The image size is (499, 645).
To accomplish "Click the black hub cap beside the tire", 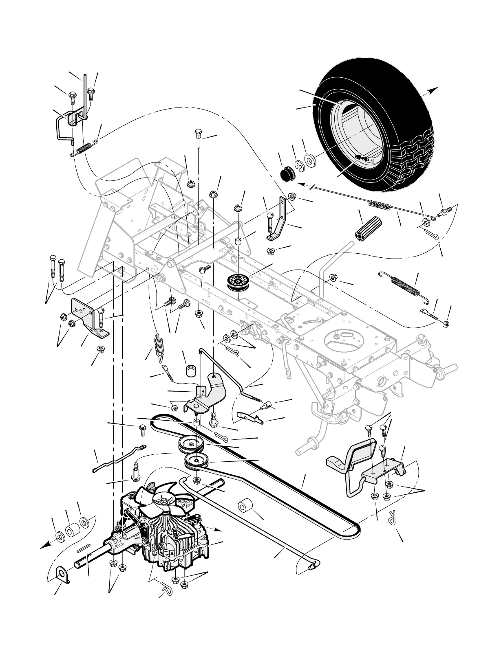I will [288, 173].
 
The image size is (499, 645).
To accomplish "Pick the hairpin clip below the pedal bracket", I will [393, 518].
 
